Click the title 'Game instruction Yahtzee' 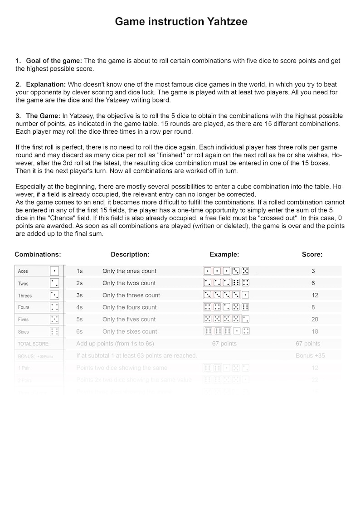point(181,21)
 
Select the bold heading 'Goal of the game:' point(54,61)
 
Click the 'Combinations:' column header point(38,255)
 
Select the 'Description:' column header point(130,255)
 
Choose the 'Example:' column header point(224,255)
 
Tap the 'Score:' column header point(312,255)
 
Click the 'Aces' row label point(23,271)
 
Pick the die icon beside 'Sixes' point(54,331)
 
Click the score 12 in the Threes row point(315,295)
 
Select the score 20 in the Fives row point(315,320)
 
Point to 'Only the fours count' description point(129,307)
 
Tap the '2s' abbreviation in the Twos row point(79,283)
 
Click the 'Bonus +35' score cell point(310,356)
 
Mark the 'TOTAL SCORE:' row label point(31,344)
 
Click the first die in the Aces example point(207,271)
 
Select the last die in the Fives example point(246,319)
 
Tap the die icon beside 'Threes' point(54,295)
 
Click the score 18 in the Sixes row point(315,332)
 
